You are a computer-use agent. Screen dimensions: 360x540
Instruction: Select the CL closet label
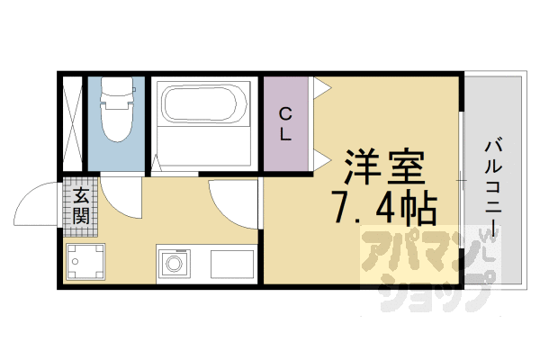284,124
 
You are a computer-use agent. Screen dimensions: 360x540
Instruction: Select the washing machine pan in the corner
86,262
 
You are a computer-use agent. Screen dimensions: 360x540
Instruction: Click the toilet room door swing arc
121,196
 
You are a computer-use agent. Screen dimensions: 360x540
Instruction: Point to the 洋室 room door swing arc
231,200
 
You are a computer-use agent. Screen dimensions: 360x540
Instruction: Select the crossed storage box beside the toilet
73,123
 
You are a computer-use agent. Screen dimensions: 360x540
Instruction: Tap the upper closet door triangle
322,88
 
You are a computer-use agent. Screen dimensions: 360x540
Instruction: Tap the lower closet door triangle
322,160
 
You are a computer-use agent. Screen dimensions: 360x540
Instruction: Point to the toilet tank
116,89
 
